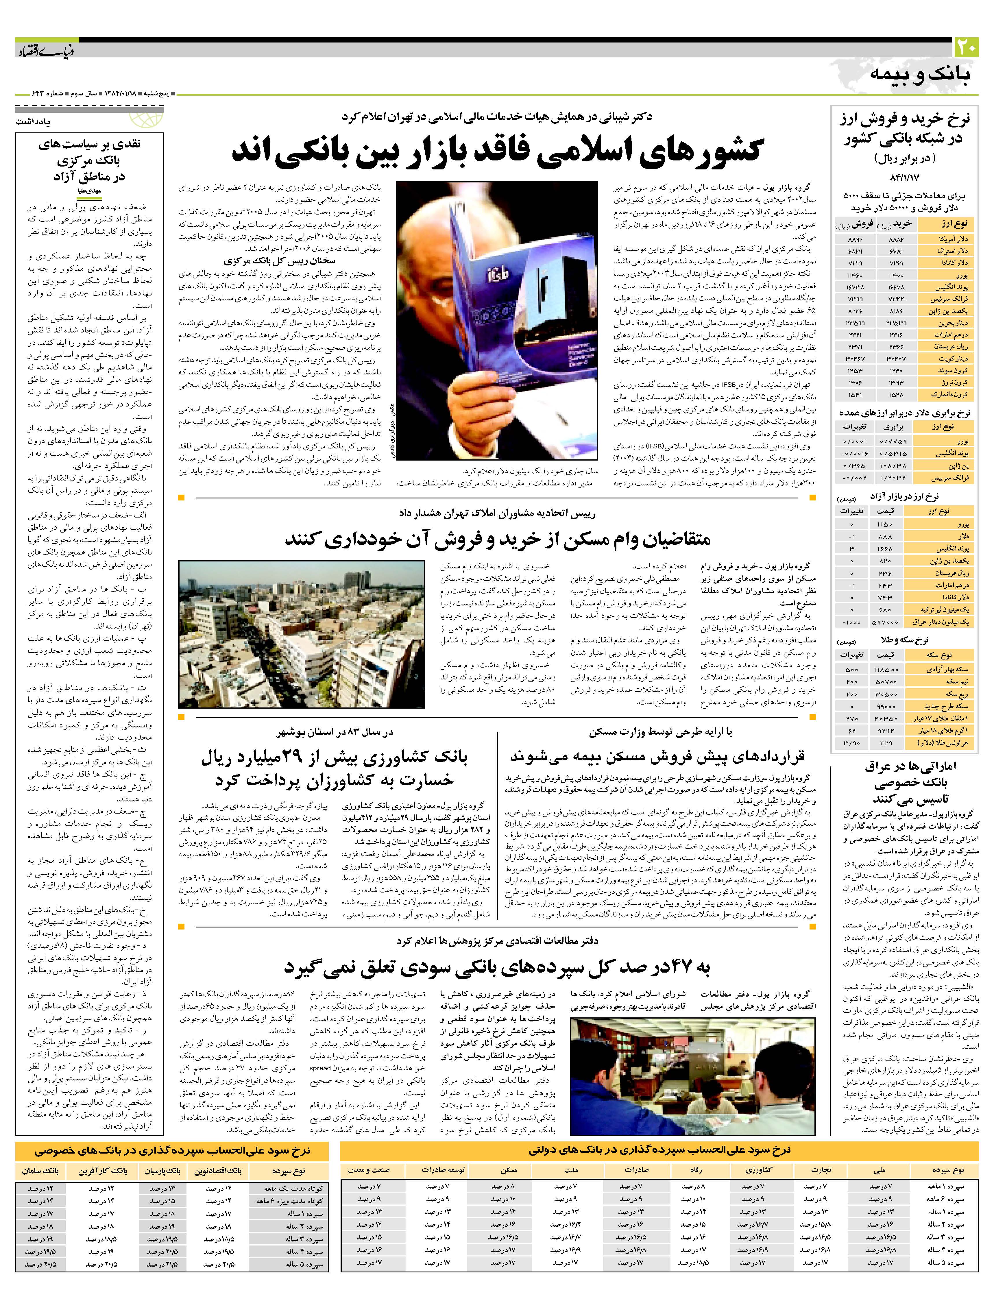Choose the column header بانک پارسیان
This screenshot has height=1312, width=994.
(163, 1171)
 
